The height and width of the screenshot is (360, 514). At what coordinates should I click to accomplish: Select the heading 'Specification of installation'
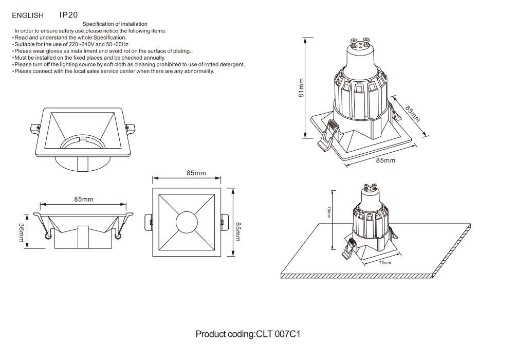point(115,24)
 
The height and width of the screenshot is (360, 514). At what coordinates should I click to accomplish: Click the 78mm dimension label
point(329,212)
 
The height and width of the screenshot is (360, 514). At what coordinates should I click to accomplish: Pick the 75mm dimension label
point(385,263)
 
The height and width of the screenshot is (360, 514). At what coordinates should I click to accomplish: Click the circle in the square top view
point(187,222)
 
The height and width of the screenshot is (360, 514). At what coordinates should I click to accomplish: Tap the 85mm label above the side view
point(84,199)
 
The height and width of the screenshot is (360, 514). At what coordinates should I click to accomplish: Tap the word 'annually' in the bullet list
point(153,58)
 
